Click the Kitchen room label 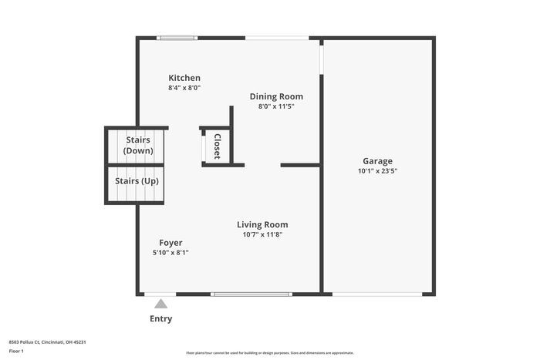click(x=184, y=78)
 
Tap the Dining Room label click(x=276, y=96)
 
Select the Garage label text click(x=377, y=161)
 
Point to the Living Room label click(x=262, y=225)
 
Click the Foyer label click(x=170, y=243)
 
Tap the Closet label click(x=218, y=146)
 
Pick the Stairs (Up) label click(x=137, y=181)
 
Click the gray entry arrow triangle click(x=160, y=304)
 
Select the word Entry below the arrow click(x=161, y=318)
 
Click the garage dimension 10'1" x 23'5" click(x=377, y=171)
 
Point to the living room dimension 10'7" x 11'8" click(x=262, y=234)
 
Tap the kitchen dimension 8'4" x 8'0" click(x=184, y=88)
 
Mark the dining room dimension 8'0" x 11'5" click(x=276, y=106)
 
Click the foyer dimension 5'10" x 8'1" click(x=170, y=252)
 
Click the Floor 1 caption click(x=17, y=352)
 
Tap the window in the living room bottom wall click(x=251, y=294)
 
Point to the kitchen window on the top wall click(x=177, y=38)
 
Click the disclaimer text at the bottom click(x=269, y=352)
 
